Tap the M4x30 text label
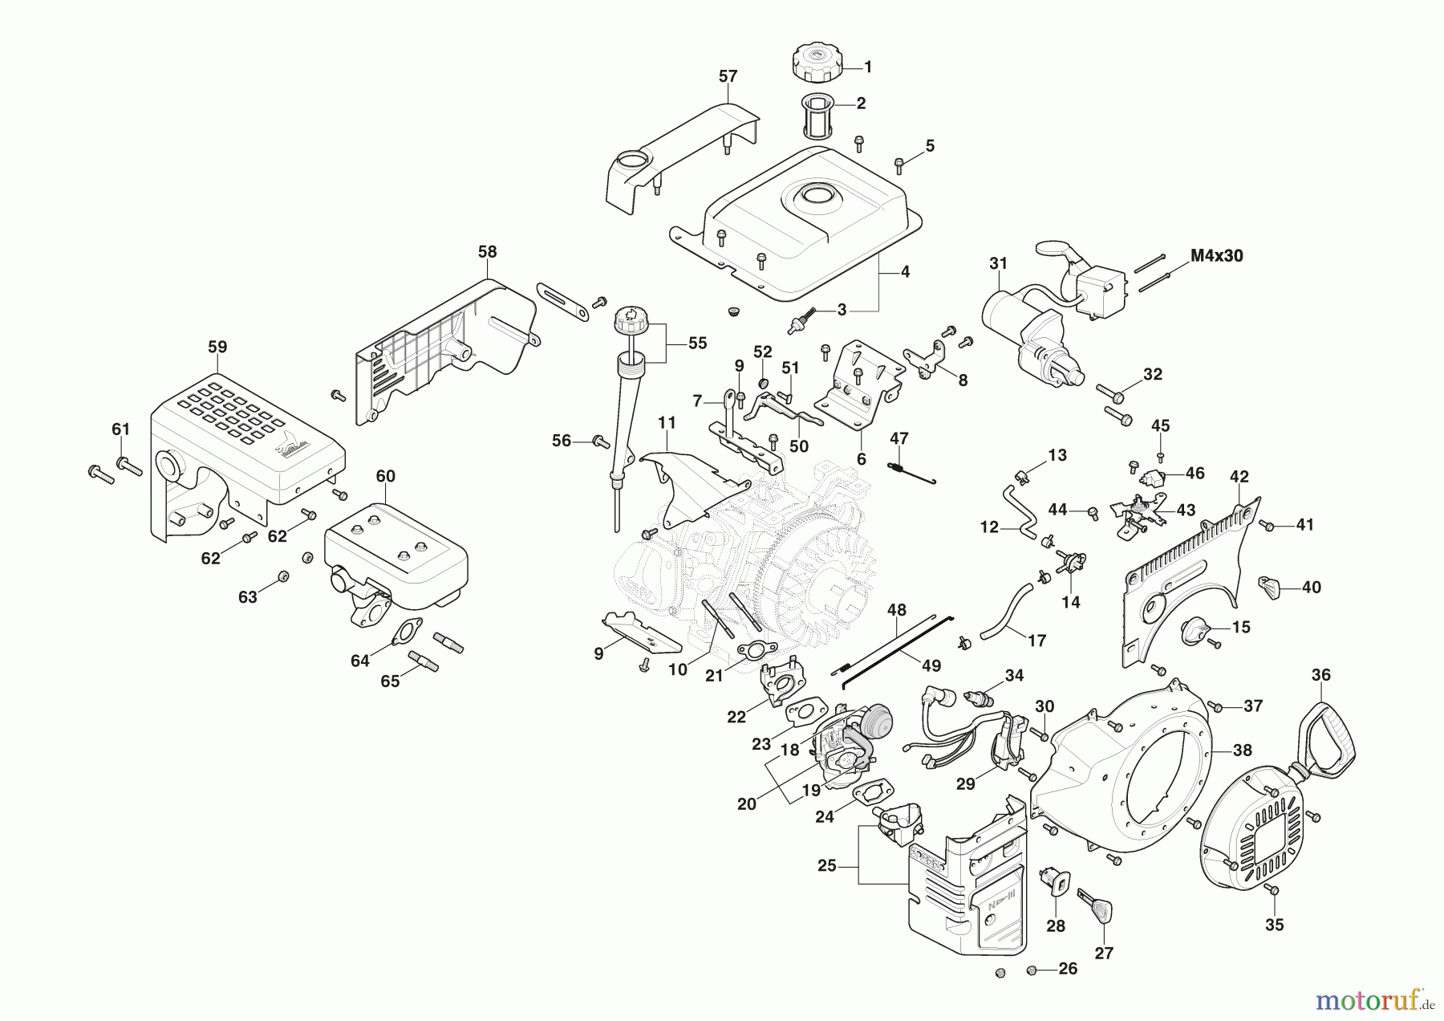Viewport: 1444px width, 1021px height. (x=1216, y=256)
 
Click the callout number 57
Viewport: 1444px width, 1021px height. (x=727, y=77)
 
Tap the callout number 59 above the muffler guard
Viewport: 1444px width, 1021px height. (x=217, y=347)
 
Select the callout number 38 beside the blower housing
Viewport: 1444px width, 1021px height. (x=1242, y=750)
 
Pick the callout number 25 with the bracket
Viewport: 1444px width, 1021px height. (x=827, y=866)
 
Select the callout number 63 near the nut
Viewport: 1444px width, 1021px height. (x=247, y=596)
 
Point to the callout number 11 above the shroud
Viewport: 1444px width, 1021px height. (x=667, y=422)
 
